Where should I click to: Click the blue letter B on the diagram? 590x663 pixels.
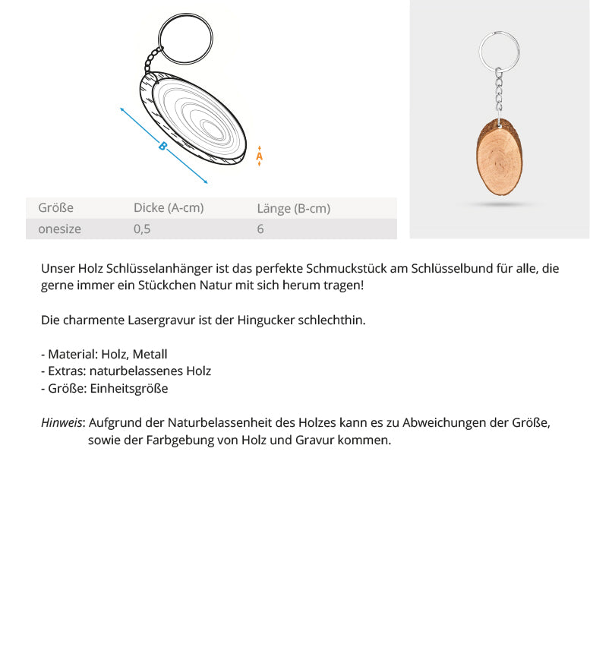pos(162,146)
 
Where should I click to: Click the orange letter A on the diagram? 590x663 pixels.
pos(260,156)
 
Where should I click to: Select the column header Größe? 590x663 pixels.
pos(56,207)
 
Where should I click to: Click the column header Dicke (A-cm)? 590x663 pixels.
pos(169,207)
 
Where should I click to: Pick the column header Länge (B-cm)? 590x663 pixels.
pos(293,208)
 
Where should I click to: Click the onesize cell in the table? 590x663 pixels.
pos(59,229)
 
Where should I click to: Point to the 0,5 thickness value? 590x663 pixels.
pos(142,229)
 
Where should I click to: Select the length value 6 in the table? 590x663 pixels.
pos(260,229)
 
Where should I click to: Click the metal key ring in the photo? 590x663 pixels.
pos(500,49)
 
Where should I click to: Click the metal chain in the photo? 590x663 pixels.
pos(499,91)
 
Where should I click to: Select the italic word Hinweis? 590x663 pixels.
pos(62,423)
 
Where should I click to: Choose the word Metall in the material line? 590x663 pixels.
pos(150,354)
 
